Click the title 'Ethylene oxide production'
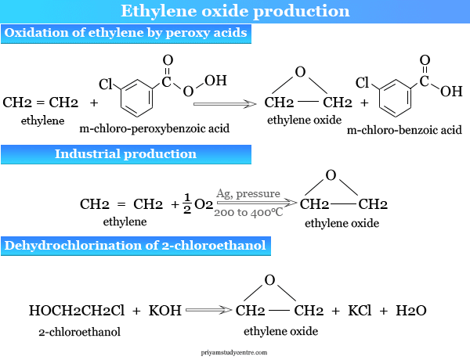235,11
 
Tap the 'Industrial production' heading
125,153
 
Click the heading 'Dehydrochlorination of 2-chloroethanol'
135,246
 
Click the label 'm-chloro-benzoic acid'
404,130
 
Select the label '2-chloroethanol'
79,332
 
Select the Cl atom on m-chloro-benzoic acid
362,82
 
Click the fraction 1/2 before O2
187,203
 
